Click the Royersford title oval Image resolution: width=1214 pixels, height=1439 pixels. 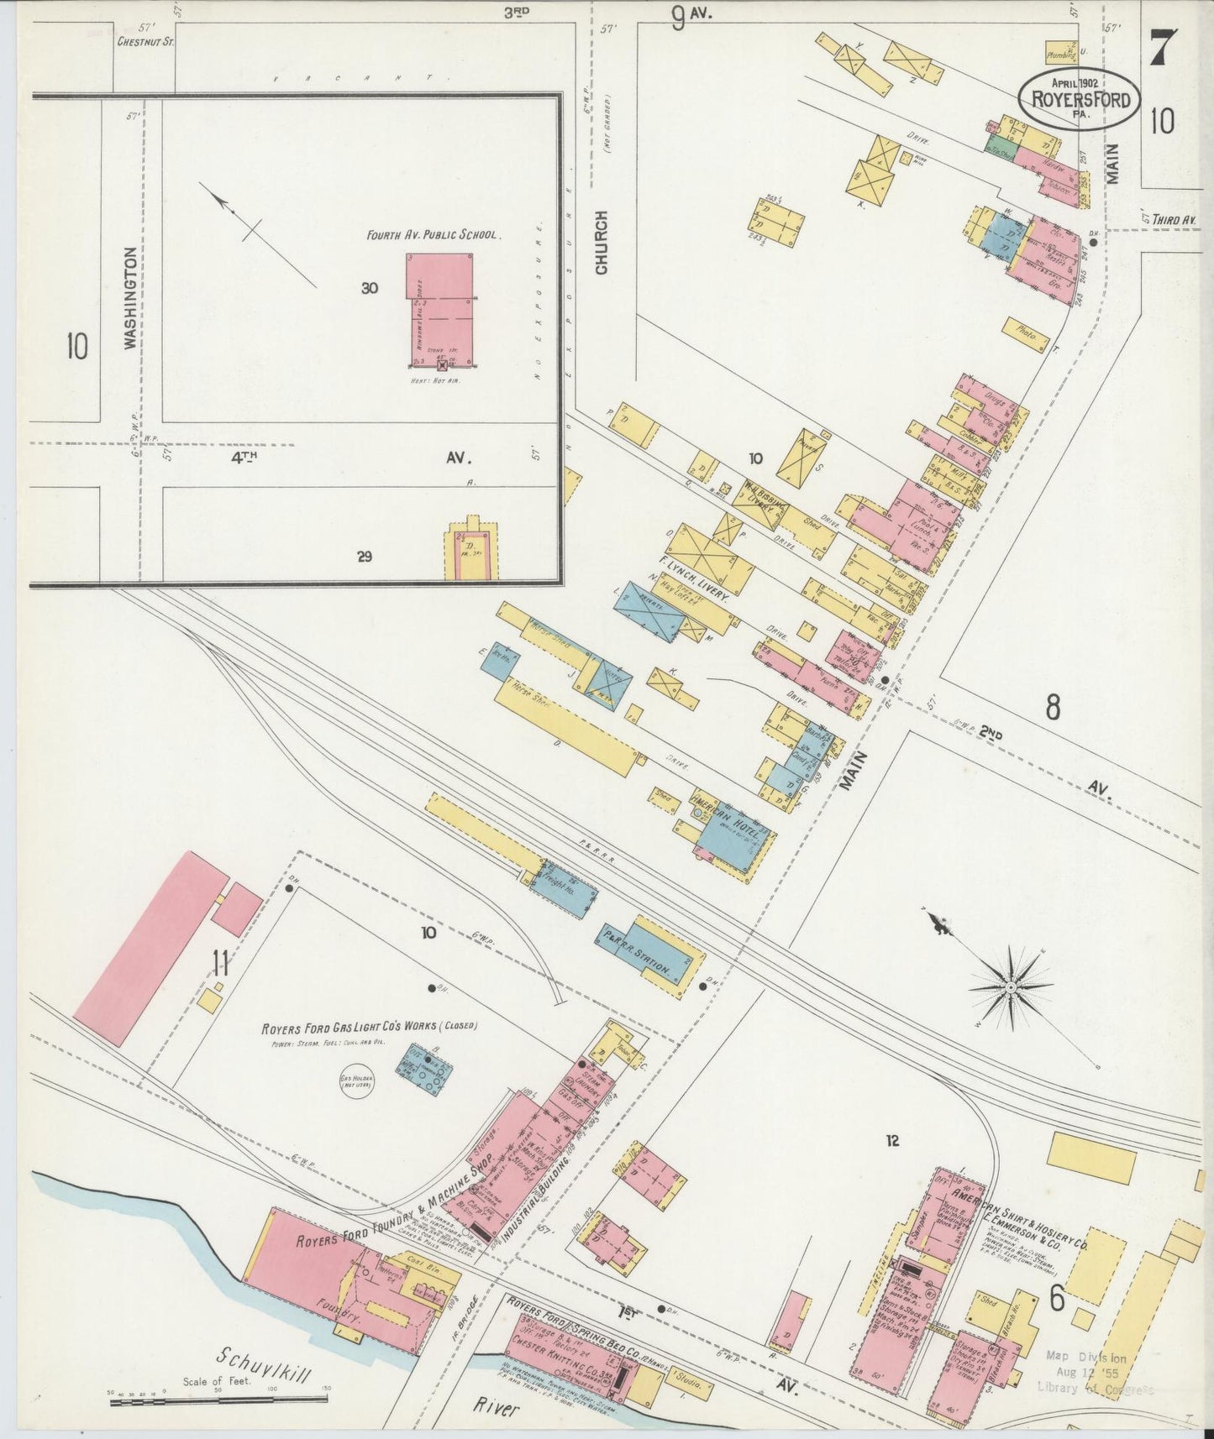[1080, 99]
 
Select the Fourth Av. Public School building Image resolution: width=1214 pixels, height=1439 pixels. [439, 308]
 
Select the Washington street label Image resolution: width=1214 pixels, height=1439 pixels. [130, 297]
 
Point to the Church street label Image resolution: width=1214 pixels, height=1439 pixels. [602, 243]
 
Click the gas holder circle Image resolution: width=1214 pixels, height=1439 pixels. [356, 1083]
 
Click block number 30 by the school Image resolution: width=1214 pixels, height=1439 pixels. [370, 288]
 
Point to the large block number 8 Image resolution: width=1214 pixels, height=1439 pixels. [1052, 708]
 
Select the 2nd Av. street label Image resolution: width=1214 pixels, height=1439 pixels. [991, 733]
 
